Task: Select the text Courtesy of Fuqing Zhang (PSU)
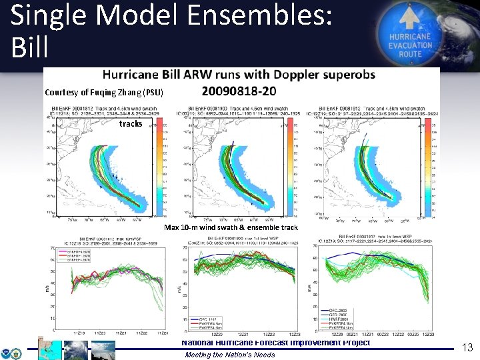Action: [103, 92]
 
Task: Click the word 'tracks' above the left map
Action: [131, 124]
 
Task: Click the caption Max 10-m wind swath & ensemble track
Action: [231, 227]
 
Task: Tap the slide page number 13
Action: [467, 347]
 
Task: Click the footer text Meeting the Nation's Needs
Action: [229, 355]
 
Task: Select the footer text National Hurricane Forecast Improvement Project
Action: [276, 343]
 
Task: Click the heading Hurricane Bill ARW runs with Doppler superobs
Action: [238, 75]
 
